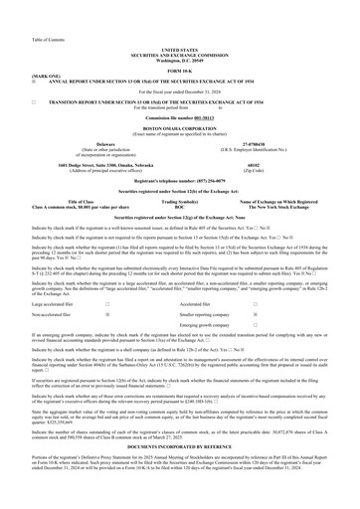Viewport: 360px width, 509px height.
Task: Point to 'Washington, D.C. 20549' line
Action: tap(179, 30)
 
